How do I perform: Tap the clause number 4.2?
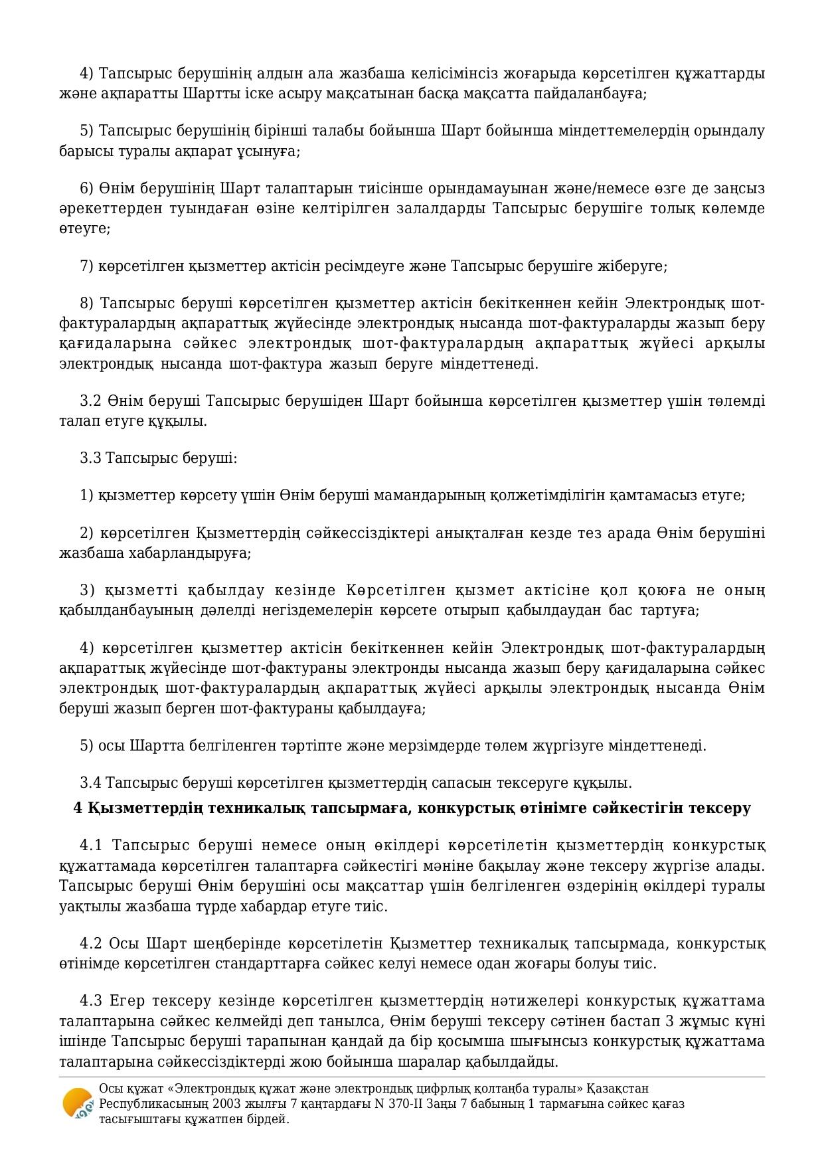click(x=92, y=944)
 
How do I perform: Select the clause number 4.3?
click(x=92, y=1001)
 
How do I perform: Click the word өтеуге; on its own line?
click(x=84, y=229)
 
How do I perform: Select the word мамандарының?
click(x=432, y=495)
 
